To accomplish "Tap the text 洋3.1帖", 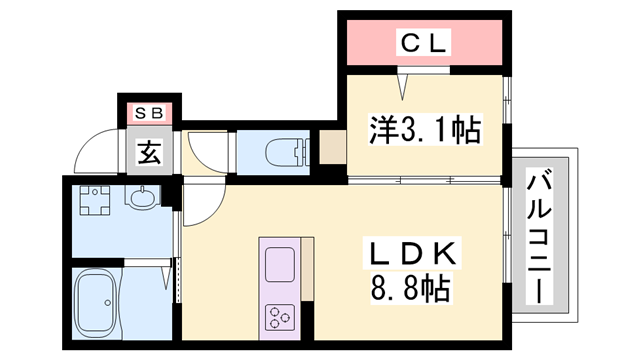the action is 424,129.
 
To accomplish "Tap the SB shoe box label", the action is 149,111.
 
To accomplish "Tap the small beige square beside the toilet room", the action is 330,149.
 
